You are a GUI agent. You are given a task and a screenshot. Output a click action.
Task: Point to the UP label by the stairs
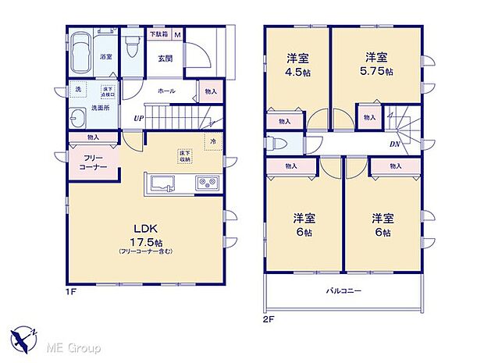(137, 119)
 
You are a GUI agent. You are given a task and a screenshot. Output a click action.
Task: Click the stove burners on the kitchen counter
(208, 183)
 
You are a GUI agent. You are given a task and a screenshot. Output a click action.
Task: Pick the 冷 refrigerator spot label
(211, 141)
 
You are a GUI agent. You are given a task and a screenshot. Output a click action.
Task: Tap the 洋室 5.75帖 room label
(377, 63)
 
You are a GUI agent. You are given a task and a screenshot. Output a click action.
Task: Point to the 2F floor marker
(270, 318)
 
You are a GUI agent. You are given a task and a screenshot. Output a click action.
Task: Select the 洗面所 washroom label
(100, 107)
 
